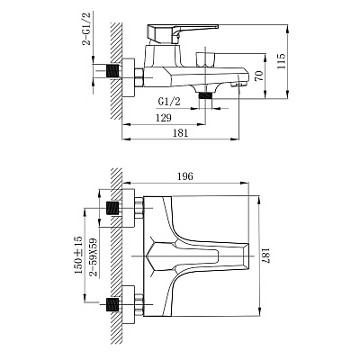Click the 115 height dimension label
[x=282, y=61]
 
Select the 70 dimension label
[x=260, y=75]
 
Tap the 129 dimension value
[x=164, y=118]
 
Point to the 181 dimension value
[x=180, y=133]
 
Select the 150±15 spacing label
[x=78, y=255]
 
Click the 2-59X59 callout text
[x=94, y=258]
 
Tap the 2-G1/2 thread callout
[x=87, y=29]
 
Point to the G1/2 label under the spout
[x=169, y=102]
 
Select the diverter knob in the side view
[x=205, y=60]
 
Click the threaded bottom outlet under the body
[x=205, y=95]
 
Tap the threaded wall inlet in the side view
[x=113, y=71]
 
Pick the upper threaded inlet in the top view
[x=113, y=208]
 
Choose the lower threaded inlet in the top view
[x=113, y=305]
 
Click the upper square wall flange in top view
[x=129, y=208]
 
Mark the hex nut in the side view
[x=139, y=77]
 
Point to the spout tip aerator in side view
[x=240, y=85]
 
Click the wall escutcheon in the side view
[x=129, y=77]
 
